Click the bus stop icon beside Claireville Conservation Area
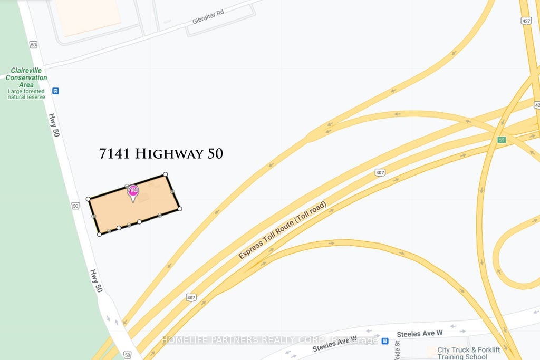(55, 91)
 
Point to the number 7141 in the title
(114, 154)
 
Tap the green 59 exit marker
(502, 139)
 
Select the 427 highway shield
(526, 21)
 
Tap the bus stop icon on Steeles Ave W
(385, 340)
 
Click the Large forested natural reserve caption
(26, 94)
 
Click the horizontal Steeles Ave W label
(420, 333)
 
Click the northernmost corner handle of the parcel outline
(165, 174)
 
